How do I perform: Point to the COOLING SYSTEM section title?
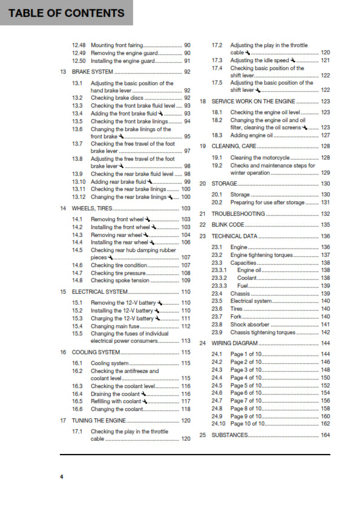pos(96,352)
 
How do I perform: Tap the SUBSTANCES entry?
pos(230,435)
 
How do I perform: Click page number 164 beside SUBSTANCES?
pos(325,435)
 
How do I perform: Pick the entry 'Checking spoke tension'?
pos(119,280)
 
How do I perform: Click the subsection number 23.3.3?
pos(219,286)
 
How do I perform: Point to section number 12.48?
pos(79,45)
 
